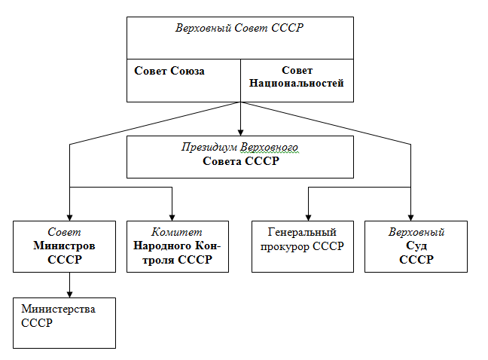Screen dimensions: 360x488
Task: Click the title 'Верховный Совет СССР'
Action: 239,29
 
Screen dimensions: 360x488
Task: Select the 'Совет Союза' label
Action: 169,71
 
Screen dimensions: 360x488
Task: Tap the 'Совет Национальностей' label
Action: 296,77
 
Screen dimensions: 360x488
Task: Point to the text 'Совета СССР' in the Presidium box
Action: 239,162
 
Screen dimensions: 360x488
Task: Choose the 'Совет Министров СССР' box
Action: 64,246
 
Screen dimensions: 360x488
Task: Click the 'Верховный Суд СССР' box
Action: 416,246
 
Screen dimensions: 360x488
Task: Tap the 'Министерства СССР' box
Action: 64,322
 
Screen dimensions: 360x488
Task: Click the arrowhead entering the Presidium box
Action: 239,131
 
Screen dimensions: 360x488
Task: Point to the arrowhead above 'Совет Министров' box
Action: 69,216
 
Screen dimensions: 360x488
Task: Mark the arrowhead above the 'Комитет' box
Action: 172,216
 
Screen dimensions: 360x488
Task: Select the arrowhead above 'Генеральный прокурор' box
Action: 307,216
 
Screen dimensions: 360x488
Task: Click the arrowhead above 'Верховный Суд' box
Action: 410,216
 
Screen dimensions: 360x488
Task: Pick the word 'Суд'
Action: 416,246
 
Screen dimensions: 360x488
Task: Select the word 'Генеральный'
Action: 302,233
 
